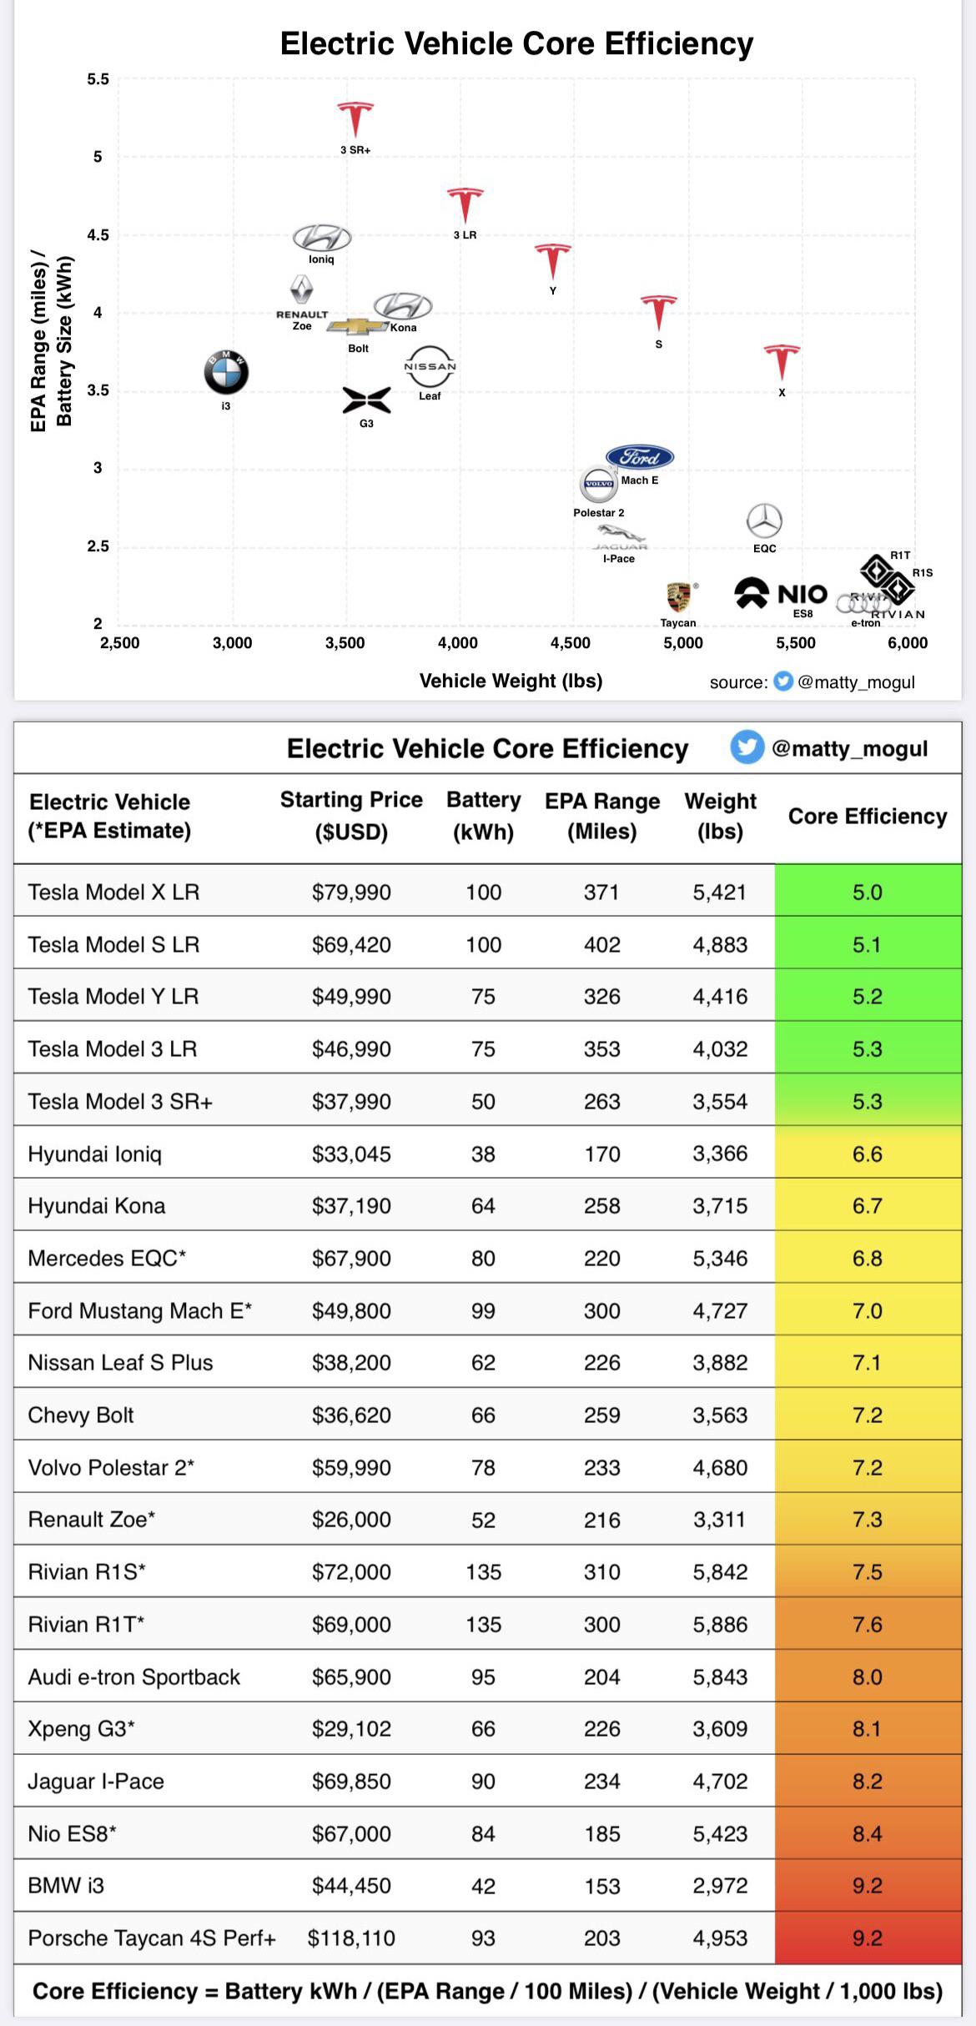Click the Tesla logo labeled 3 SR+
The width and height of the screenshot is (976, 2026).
click(x=355, y=118)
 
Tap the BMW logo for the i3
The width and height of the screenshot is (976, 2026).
click(x=226, y=372)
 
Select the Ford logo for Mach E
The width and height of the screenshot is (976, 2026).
click(x=640, y=457)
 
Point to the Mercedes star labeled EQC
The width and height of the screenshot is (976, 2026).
click(x=764, y=521)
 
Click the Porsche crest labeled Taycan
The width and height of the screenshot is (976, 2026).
click(x=678, y=597)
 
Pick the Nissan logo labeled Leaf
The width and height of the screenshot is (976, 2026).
click(x=430, y=367)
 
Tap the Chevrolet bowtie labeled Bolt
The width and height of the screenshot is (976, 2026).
click(x=358, y=326)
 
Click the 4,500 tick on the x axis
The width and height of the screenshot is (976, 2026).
click(x=571, y=643)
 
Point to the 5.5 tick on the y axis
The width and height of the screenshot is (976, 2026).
click(x=98, y=80)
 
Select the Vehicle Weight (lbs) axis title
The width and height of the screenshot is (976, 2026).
click(x=511, y=681)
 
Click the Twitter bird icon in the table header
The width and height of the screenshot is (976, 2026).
click(x=747, y=747)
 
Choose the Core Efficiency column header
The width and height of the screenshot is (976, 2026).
click(x=868, y=816)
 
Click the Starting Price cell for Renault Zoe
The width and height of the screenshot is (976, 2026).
click(x=351, y=1520)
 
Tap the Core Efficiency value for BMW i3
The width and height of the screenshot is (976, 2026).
click(x=868, y=1885)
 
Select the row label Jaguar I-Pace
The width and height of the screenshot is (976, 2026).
click(x=96, y=1781)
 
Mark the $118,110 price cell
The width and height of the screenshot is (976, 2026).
click(x=351, y=1938)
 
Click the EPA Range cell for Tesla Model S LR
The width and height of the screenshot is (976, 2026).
click(x=601, y=944)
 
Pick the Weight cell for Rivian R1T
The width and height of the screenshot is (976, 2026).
click(x=720, y=1624)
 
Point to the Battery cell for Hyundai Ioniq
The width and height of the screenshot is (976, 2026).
click(x=483, y=1154)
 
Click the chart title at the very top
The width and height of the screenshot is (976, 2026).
click(x=516, y=43)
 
